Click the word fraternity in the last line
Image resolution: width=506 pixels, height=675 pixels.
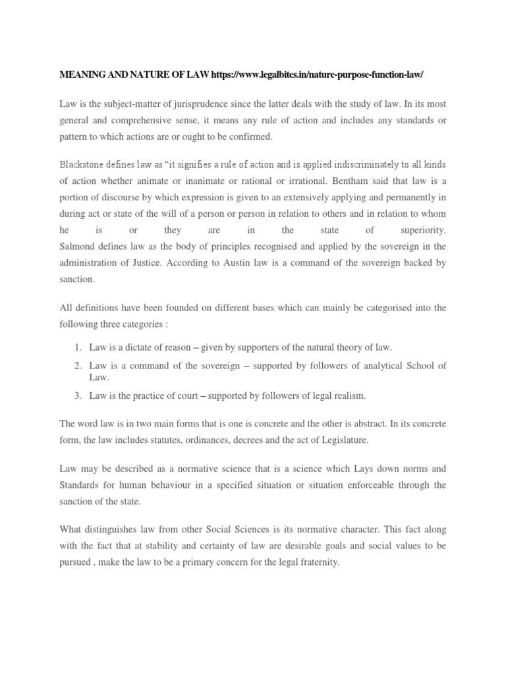point(314,564)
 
